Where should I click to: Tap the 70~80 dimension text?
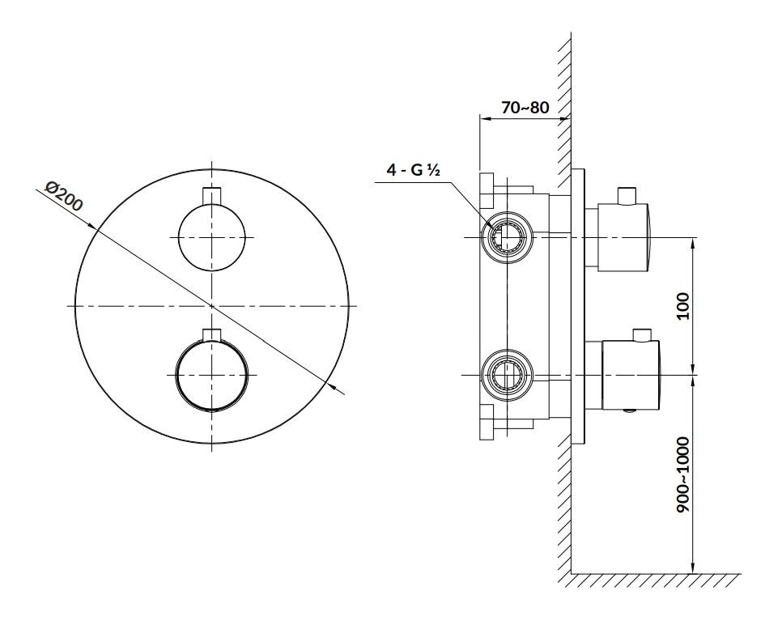[525, 107]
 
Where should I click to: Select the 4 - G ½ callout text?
[414, 170]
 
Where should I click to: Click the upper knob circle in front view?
[212, 237]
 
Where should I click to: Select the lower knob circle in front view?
[211, 375]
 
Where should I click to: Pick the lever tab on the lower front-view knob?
[211, 334]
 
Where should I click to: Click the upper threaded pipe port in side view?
[508, 237]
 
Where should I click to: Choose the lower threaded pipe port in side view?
[508, 375]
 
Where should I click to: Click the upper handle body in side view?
[624, 237]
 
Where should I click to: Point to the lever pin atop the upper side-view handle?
[627, 195]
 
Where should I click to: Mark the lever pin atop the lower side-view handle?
[641, 334]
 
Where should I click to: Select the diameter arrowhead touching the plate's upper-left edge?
[91, 225]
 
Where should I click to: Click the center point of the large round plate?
[211, 306]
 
